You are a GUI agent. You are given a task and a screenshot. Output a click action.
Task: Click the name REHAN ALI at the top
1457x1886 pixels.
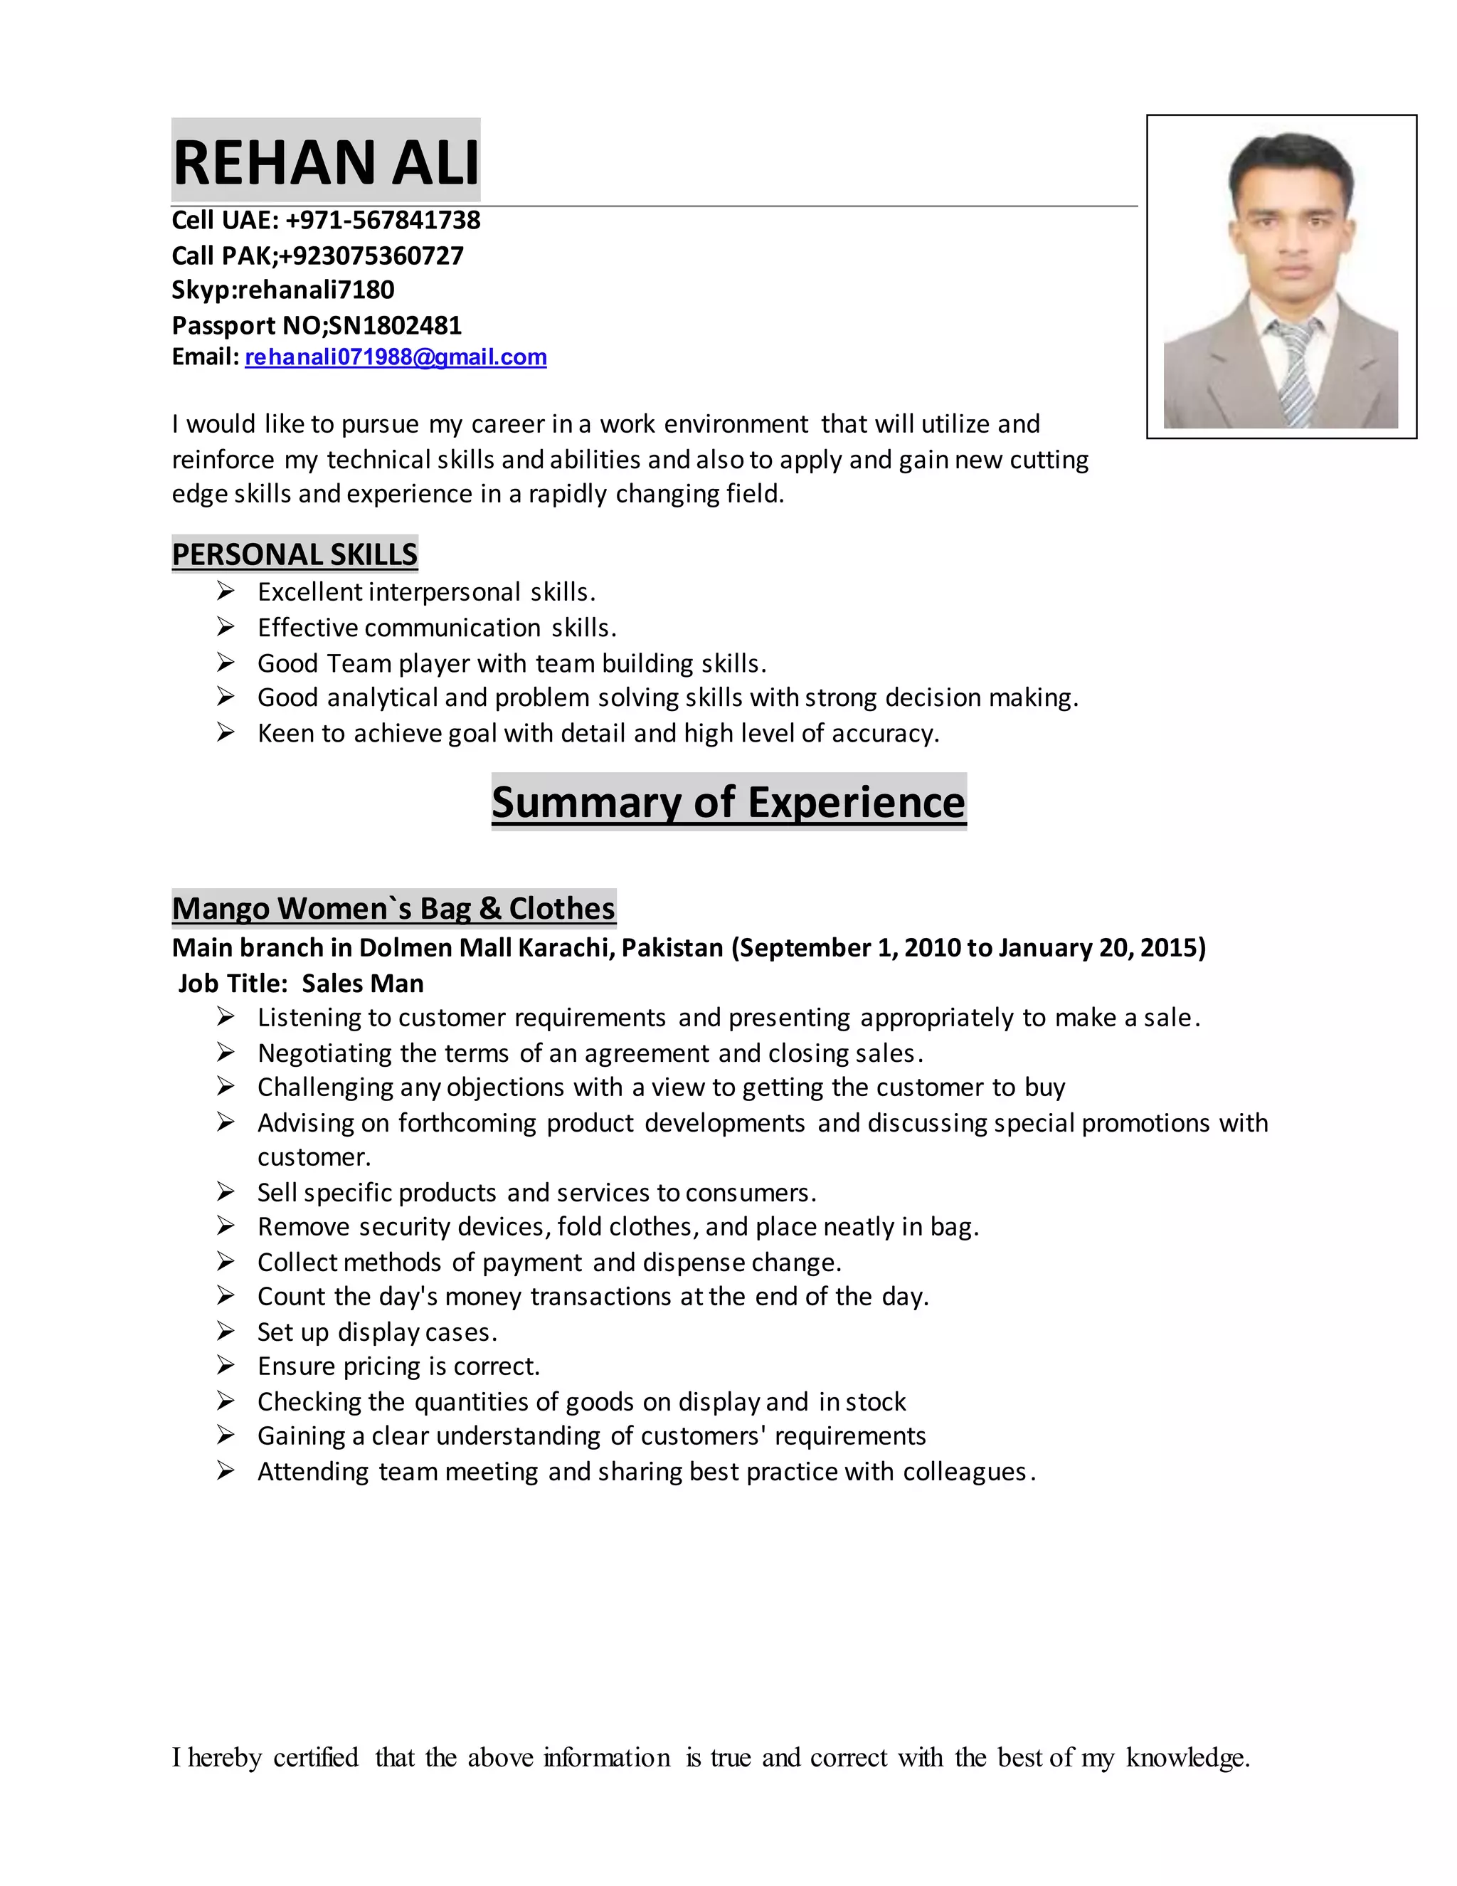coord(325,162)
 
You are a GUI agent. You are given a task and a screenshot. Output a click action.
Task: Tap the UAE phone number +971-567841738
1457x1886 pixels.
coord(382,220)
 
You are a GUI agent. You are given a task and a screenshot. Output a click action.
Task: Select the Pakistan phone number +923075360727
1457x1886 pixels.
coord(371,255)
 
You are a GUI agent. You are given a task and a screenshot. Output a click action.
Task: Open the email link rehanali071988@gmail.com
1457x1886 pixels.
coord(396,357)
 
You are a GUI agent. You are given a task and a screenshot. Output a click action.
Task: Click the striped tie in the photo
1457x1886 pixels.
coord(1292,372)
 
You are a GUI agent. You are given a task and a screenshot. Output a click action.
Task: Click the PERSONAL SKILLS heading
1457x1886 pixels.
coord(295,554)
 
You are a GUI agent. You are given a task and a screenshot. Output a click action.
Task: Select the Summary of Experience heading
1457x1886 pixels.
coord(728,801)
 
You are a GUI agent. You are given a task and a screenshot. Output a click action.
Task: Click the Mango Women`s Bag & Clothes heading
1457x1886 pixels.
coord(393,908)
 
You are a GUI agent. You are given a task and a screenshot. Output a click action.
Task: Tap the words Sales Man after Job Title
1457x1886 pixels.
coord(363,984)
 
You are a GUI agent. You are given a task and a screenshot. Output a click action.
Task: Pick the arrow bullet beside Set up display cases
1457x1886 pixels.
coord(226,1332)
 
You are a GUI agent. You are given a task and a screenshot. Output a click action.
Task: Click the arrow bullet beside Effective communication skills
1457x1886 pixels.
coord(226,627)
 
